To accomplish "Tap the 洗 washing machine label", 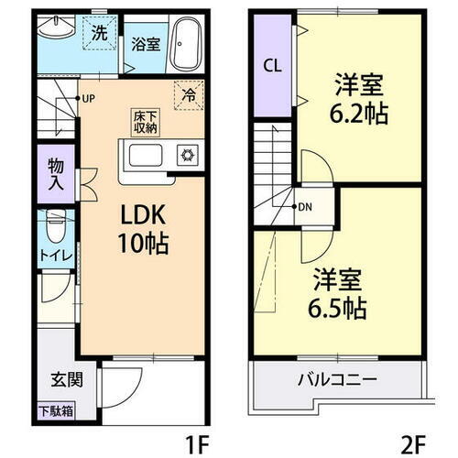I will click(98, 33).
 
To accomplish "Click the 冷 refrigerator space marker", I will click(188, 93).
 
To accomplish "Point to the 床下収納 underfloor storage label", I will click(146, 122).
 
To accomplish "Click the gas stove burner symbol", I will click(189, 155).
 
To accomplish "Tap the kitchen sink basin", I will click(147, 155).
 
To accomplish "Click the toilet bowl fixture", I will click(56, 223).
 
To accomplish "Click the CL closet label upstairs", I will click(272, 66).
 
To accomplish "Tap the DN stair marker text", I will click(303, 205).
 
